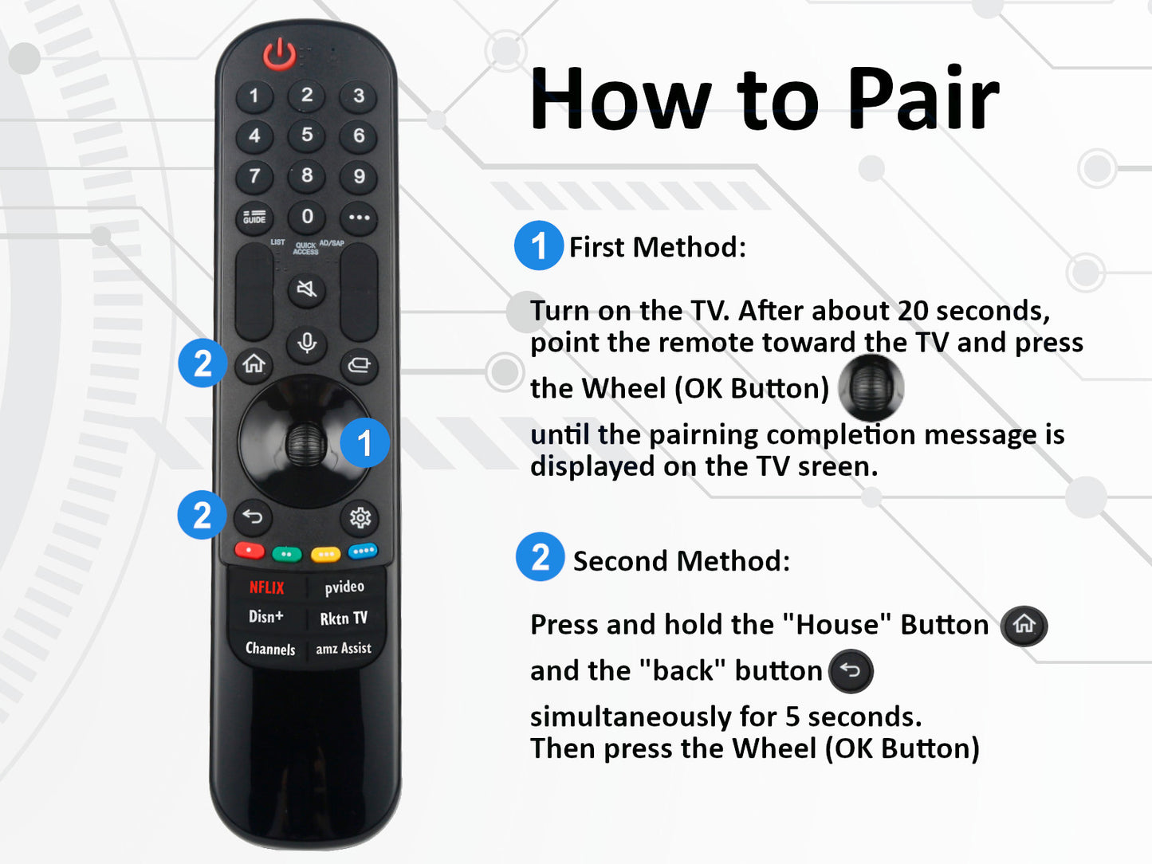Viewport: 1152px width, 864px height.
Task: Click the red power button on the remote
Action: [x=279, y=55]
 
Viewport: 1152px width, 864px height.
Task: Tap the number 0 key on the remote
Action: [x=307, y=217]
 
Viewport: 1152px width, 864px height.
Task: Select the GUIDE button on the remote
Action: [x=254, y=218]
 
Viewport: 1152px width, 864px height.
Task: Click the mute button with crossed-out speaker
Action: [x=306, y=289]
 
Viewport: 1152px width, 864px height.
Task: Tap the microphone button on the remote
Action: [x=307, y=343]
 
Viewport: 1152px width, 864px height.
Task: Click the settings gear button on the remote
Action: [x=360, y=518]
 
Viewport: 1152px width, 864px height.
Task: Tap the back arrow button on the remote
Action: [x=253, y=517]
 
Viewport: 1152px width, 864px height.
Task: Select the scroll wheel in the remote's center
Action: [x=305, y=443]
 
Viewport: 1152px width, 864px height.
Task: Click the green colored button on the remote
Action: [x=286, y=553]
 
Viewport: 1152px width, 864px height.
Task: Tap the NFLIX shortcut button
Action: [x=266, y=587]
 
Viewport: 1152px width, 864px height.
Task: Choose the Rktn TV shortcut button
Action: [x=344, y=619]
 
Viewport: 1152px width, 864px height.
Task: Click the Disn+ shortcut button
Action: [x=265, y=617]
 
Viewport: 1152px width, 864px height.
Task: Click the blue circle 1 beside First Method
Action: [x=539, y=245]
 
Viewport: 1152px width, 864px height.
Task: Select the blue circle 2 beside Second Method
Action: [x=540, y=557]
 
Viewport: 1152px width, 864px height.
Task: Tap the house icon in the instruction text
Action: [x=1024, y=624]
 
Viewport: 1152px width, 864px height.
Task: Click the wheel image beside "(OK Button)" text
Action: [x=871, y=388]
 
